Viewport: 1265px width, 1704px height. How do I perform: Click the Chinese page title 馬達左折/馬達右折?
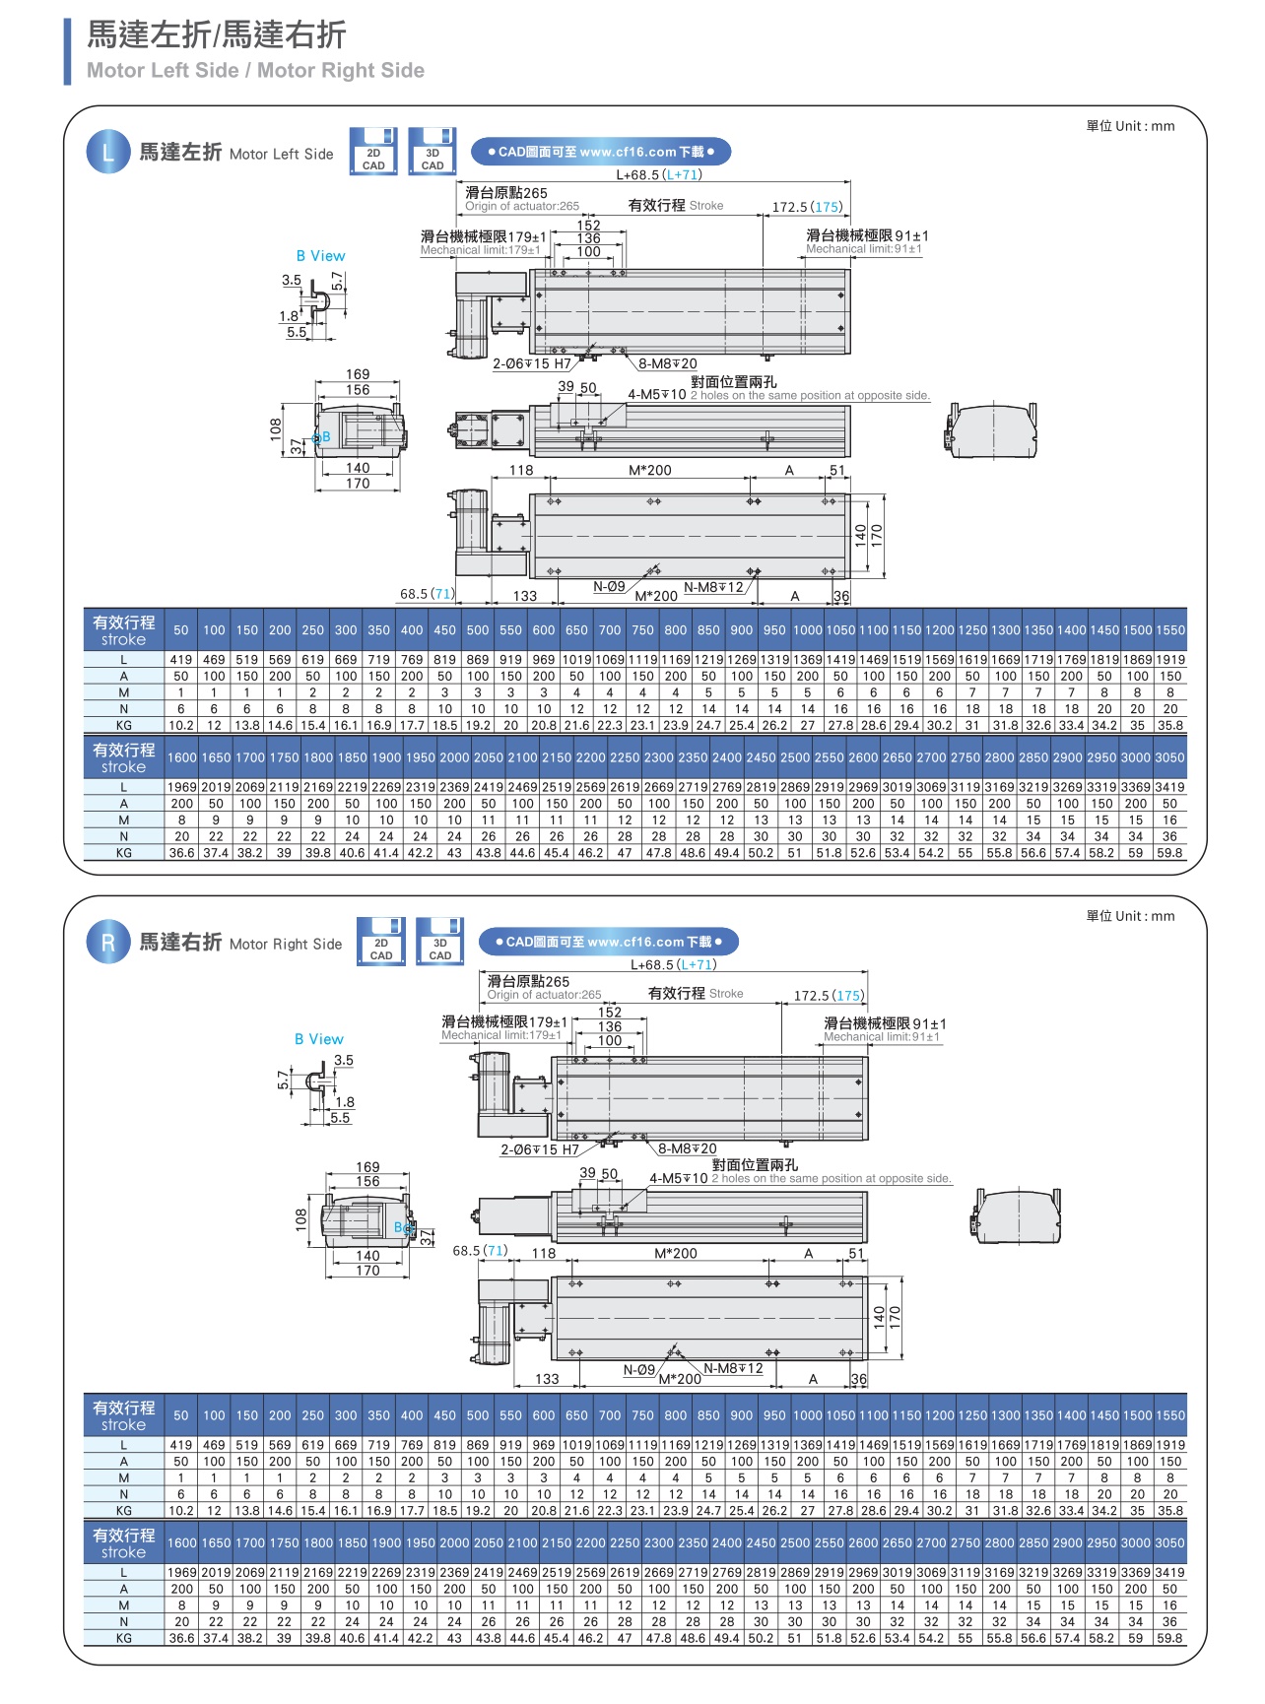coord(217,35)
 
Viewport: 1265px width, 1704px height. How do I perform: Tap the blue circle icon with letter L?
coord(107,153)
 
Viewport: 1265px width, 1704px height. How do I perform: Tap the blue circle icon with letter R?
coord(107,943)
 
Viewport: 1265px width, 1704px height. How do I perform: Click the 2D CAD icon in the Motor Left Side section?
coord(373,152)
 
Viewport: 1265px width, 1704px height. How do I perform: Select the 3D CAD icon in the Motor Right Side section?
coord(439,942)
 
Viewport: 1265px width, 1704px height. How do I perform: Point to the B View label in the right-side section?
coord(318,1039)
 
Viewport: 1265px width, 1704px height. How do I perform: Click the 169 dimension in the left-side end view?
coord(358,374)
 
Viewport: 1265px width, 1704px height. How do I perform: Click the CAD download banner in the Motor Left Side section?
coord(601,152)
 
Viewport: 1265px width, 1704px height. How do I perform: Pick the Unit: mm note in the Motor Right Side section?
coord(1130,916)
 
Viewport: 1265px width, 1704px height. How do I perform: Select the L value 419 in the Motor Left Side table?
coord(181,660)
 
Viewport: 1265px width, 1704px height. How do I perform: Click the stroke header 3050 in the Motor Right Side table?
coord(1169,1543)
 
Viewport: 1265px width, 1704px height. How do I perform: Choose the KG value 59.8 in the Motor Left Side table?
coord(1169,853)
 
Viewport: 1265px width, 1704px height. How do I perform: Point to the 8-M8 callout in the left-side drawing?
coord(667,363)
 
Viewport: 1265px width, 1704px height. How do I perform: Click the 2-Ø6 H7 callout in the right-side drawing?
coord(539,1149)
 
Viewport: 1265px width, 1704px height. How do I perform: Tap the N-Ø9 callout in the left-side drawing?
coord(609,587)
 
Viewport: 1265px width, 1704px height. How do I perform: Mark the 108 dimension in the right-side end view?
coord(300,1219)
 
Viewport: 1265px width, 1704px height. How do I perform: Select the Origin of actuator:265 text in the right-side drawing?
coord(544,995)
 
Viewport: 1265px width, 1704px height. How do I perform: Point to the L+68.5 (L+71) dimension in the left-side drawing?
coord(658,175)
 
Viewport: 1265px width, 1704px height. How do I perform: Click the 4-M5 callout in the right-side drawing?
coord(678,1178)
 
